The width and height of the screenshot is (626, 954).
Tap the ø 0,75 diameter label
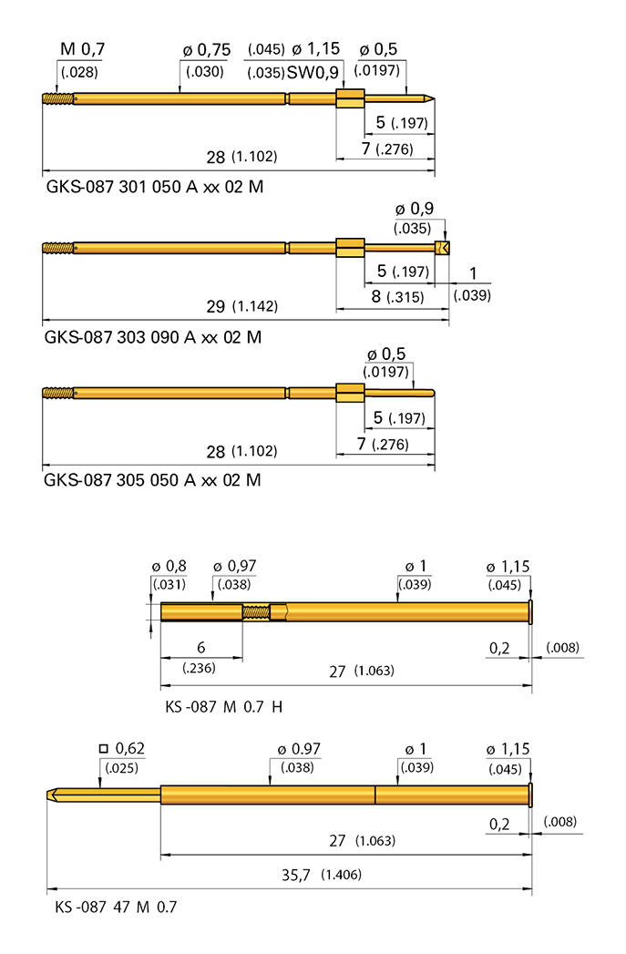(x=205, y=49)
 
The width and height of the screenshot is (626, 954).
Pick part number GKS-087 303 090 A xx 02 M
(x=152, y=336)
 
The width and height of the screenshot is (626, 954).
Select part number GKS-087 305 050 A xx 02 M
(x=152, y=479)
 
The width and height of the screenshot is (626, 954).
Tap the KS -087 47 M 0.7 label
(x=116, y=908)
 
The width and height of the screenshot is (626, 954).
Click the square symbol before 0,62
(x=105, y=749)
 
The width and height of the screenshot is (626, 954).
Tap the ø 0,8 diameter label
(x=169, y=566)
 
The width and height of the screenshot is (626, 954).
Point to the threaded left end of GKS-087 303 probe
(x=56, y=247)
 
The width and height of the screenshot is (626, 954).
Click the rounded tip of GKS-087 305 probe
(x=431, y=393)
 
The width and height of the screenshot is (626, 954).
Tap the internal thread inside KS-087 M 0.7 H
(x=256, y=611)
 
